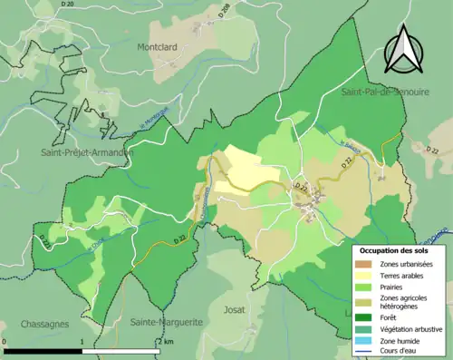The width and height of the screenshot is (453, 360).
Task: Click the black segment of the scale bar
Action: [x=43, y=350]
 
